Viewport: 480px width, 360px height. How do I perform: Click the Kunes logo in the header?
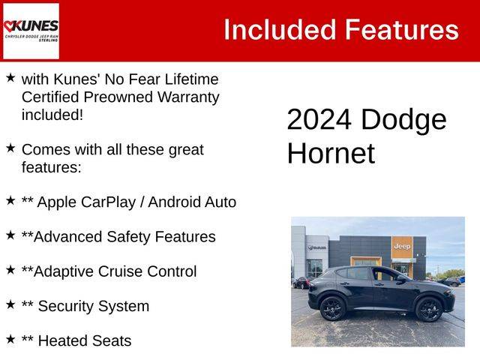31,31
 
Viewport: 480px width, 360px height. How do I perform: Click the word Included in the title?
280,30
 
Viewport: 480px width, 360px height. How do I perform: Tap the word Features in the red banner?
402,30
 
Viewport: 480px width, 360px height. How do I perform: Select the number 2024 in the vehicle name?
319,119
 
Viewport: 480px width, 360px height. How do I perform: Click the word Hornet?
331,153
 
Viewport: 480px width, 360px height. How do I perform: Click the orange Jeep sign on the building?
402,247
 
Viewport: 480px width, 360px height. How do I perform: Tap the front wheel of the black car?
429,309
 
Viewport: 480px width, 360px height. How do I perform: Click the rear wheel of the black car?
332,308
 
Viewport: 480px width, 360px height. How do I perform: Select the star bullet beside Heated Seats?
10,339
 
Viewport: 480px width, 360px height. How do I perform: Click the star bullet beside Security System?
10,304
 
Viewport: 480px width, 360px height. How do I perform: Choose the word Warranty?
188,97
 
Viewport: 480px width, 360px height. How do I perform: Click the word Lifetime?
192,79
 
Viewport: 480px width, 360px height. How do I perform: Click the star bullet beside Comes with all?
10,148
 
